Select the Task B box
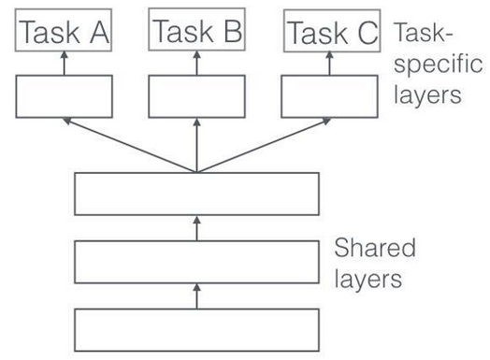tap(196, 33)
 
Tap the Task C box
tap(331, 33)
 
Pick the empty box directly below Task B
tap(196, 96)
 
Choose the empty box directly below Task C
tap(328, 96)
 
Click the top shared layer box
tap(196, 194)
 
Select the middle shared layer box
tap(196, 261)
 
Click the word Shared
tap(375, 250)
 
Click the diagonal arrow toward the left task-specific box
tap(131, 145)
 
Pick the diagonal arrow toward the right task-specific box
tap(263, 145)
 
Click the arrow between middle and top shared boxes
tap(196, 227)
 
